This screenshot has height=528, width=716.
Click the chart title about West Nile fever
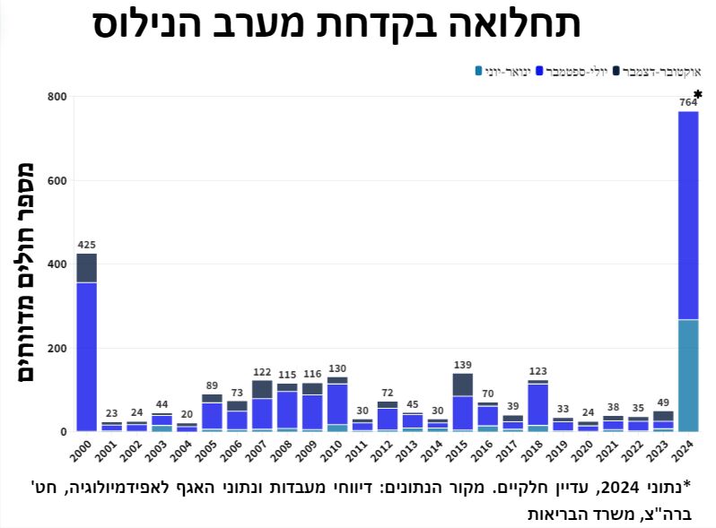(x=336, y=24)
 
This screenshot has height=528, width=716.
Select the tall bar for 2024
(x=688, y=269)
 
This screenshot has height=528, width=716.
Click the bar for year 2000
(x=87, y=341)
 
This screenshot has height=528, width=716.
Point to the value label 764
(x=688, y=102)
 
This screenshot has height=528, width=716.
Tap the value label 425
(x=87, y=244)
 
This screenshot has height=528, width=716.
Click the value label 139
(x=463, y=364)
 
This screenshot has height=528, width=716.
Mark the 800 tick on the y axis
(x=57, y=97)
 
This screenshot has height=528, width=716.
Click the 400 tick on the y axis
(x=57, y=264)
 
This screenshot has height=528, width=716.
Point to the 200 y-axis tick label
(x=57, y=348)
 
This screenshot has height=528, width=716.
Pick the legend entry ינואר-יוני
(x=502, y=70)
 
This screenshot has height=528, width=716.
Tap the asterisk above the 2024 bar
(x=698, y=94)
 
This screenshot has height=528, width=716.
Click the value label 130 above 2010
(x=337, y=368)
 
